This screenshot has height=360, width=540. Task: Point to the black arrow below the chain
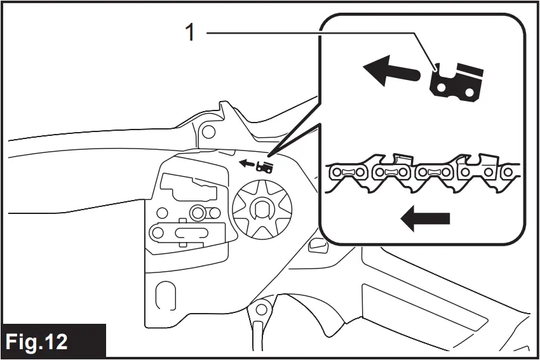(x=426, y=219)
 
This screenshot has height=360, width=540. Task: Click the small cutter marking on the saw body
(x=265, y=167)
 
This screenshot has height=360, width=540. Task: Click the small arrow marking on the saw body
(x=245, y=164)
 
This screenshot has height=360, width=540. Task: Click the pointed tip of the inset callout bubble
(x=269, y=156)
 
